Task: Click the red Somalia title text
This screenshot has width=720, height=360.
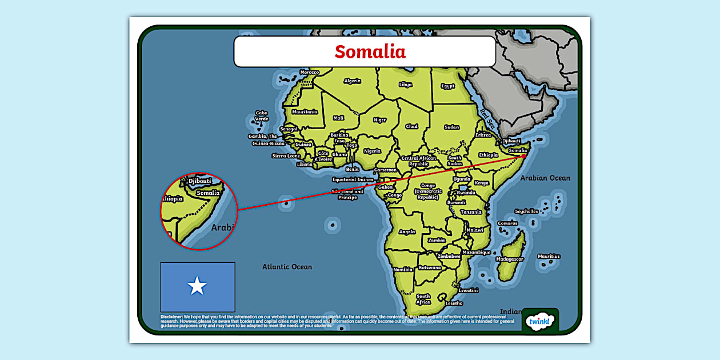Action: pos(370,51)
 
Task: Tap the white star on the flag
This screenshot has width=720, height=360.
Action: pos(197,286)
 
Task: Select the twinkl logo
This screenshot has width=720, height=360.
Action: pos(540,322)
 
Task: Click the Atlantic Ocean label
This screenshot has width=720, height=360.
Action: pos(287,267)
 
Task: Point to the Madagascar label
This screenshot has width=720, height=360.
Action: pos(509,259)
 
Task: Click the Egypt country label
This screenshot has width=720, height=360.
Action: pos(447,86)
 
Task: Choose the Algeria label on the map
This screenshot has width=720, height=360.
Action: pos(352,81)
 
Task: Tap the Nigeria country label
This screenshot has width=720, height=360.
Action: pos(372,151)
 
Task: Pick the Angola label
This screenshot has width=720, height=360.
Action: pos(407,232)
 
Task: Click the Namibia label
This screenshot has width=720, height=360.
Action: pos(403,269)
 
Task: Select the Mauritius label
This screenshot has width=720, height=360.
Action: pos(549,257)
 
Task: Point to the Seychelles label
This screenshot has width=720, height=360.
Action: pos(526,211)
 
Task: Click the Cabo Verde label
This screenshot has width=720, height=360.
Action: pos(261,116)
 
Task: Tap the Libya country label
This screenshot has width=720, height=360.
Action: pos(405,85)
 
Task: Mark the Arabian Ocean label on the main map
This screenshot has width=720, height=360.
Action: pos(545,178)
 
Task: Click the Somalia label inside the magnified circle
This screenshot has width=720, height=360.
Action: pos(207,193)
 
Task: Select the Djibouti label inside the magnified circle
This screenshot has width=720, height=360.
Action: pos(199,181)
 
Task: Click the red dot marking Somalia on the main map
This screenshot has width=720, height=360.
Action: pos(523,156)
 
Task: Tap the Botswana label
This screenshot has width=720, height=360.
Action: pos(430,267)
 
